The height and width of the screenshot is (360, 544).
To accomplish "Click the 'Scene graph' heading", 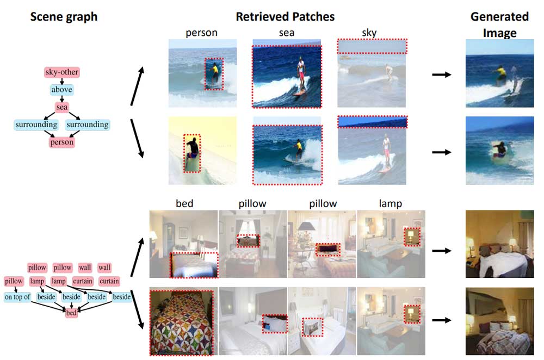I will point(64,16).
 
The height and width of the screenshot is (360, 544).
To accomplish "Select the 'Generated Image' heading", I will point(499,24).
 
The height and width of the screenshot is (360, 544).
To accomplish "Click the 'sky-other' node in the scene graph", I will point(61,72).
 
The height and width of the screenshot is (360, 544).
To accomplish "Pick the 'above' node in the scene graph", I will point(61,90).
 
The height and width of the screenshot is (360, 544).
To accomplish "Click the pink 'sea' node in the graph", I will point(61,107).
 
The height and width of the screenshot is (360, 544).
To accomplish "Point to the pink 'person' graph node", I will point(61,142).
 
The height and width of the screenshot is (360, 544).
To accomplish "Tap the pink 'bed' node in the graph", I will point(71,314).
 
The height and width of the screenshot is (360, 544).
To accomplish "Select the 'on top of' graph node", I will point(17,297).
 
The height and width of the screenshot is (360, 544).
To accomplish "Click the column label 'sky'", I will point(369,33).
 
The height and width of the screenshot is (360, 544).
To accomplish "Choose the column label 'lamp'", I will point(391,204).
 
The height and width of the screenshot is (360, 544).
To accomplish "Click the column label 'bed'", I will point(184,204).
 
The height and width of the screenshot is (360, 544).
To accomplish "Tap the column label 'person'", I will point(201,33).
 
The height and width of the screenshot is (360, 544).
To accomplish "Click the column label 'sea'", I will point(287,33).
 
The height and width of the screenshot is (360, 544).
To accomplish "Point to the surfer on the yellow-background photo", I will point(191,152).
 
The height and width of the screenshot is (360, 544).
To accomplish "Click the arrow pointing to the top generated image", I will point(442,74).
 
